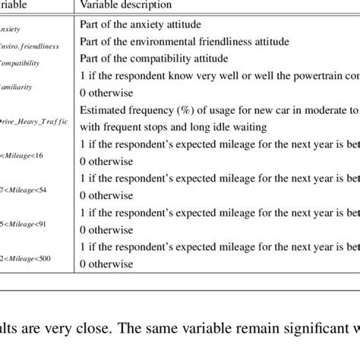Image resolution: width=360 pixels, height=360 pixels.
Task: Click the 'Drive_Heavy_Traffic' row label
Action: (x=33, y=121)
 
